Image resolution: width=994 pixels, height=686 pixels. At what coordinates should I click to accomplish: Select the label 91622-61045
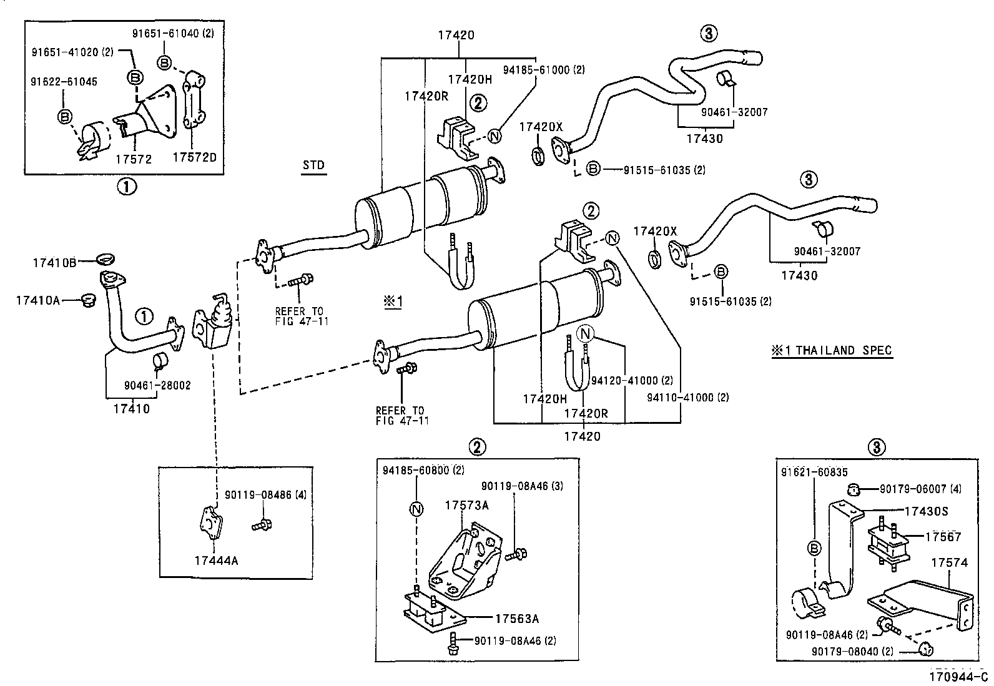(x=64, y=82)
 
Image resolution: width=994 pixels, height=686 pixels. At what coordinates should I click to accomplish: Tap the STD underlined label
(x=313, y=165)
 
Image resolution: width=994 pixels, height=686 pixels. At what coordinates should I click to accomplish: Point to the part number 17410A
(x=38, y=300)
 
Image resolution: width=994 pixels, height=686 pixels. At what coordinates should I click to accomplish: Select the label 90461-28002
(x=157, y=385)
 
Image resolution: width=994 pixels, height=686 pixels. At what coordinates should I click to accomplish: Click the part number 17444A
(x=216, y=561)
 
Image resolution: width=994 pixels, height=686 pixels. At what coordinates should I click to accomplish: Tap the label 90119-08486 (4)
(x=265, y=495)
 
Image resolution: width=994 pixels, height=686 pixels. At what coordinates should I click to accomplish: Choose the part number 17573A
(x=466, y=505)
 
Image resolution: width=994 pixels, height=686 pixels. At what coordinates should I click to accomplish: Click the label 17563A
(x=517, y=619)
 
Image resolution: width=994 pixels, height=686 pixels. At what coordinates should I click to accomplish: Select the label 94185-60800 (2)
(x=423, y=470)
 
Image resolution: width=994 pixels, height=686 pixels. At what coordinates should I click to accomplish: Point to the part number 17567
(x=943, y=536)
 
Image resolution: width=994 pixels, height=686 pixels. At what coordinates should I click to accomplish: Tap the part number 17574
(x=949, y=562)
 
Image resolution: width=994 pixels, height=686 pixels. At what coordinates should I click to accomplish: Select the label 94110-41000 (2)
(x=687, y=397)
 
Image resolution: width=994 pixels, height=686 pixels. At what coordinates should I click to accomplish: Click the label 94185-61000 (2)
(x=544, y=71)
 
